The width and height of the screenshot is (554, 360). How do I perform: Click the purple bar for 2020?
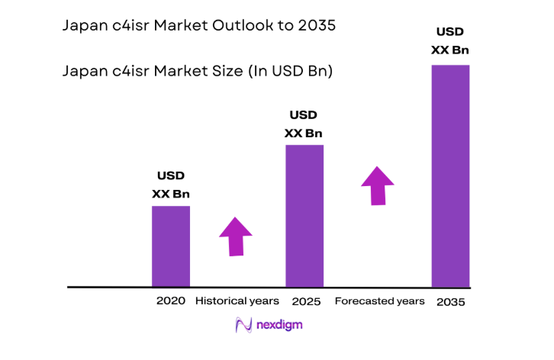[171, 246]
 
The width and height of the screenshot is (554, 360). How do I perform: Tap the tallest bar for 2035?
[450, 175]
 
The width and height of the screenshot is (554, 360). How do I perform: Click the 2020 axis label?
[171, 301]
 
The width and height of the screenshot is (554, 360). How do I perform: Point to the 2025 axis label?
[306, 301]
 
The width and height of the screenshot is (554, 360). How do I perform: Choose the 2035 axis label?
[451, 302]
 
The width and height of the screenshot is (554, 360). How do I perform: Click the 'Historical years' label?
[237, 301]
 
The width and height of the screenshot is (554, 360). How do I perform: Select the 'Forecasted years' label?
[379, 301]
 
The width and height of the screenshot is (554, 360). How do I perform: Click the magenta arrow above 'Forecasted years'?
[377, 185]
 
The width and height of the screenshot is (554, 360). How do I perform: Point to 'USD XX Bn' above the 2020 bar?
[171, 185]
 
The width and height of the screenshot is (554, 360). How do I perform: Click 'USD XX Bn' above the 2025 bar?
[304, 124]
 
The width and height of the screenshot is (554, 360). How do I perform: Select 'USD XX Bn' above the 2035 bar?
[451, 41]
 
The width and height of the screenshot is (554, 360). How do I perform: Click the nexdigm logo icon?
[243, 325]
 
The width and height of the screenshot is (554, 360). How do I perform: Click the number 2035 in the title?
[317, 25]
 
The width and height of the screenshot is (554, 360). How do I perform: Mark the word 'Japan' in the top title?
[84, 25]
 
